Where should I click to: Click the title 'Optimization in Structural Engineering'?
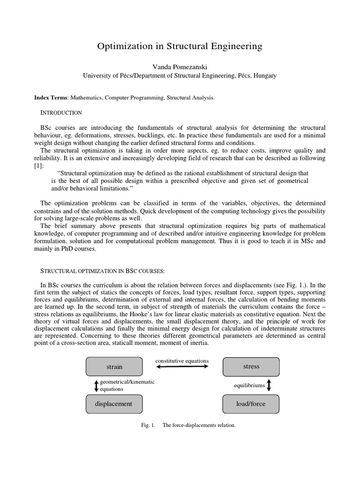pos(180,46)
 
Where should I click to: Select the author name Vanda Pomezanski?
pos(180,67)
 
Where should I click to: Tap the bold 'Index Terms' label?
pos(51,97)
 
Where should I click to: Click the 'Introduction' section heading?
pos(61,113)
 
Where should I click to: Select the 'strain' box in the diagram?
pos(114,367)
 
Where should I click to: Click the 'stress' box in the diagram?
pos(251,366)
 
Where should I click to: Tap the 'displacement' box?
pos(114,404)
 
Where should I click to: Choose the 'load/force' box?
pos(251,404)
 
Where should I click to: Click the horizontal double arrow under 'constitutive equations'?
pos(182,367)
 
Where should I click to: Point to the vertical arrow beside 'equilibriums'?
pos(269,385)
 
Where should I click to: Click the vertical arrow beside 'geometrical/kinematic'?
pos(97,385)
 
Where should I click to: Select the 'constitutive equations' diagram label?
pos(182,360)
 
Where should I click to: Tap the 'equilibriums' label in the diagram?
pos(249,385)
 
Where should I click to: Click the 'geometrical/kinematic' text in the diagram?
pos(127,382)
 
